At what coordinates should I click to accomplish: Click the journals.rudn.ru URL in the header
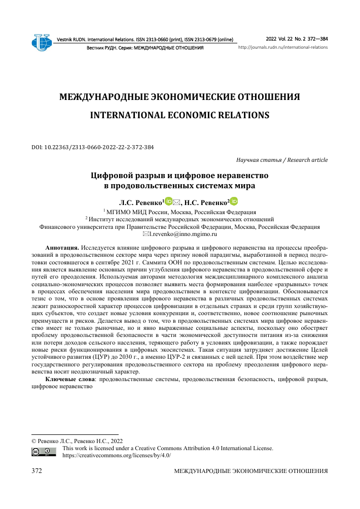pos(283,47)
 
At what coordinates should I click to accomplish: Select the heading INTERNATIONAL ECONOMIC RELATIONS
pos(179,115)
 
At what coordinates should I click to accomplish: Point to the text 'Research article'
pos(307,160)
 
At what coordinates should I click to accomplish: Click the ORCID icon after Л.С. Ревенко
pos(169,201)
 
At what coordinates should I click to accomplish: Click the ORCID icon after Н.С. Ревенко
pos(234,201)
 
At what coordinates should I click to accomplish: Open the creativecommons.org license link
pos(116,455)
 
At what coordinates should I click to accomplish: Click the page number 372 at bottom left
pos(37,471)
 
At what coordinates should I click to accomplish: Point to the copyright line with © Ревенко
pos(77,440)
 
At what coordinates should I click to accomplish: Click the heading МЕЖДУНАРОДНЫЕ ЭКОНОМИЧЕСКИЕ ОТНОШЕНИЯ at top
pos(179,96)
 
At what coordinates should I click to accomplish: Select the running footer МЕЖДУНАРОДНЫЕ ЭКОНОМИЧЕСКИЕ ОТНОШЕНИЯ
pos(250,471)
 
